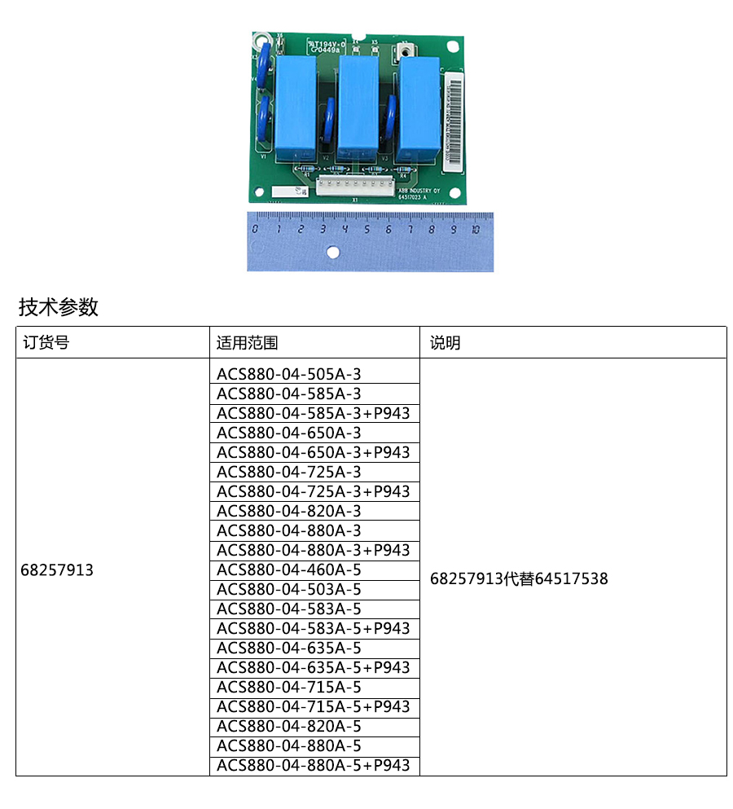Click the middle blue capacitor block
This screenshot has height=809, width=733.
click(x=358, y=106)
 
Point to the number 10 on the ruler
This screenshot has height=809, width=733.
click(x=476, y=230)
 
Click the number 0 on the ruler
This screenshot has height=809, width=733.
click(x=256, y=230)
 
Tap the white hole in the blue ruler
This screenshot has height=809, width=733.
click(x=332, y=253)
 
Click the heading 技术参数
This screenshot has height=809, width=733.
click(x=59, y=307)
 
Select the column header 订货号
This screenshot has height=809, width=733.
click(x=46, y=343)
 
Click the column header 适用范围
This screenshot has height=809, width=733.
click(x=248, y=343)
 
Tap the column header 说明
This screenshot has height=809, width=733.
click(x=446, y=343)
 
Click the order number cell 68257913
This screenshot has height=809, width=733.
click(x=57, y=570)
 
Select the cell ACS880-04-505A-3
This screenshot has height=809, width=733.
click(x=288, y=374)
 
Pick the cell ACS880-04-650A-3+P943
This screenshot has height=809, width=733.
click(x=314, y=452)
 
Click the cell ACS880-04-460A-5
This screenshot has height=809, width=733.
click(x=288, y=569)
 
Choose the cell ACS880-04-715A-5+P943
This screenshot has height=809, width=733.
click(x=314, y=706)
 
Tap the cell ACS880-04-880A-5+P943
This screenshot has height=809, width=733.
click(x=314, y=765)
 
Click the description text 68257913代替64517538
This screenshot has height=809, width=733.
click(x=519, y=579)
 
